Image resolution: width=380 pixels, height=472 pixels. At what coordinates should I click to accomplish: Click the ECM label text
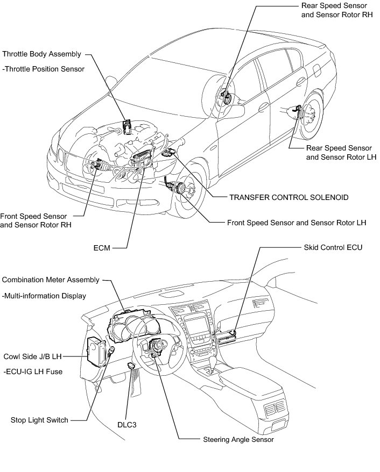[101, 249]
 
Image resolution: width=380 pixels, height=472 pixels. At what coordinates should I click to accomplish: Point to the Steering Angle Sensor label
[238, 439]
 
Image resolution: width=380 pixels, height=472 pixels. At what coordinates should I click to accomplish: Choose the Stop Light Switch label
[39, 420]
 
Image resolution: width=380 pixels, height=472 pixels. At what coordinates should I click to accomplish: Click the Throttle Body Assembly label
[42, 54]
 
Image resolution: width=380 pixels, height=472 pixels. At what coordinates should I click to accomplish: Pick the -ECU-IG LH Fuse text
[33, 371]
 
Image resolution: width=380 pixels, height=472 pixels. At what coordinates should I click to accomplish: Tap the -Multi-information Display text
[44, 296]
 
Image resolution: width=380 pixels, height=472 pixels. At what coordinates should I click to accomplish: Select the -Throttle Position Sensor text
[44, 69]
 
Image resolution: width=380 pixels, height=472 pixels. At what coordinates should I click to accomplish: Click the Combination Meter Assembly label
[51, 280]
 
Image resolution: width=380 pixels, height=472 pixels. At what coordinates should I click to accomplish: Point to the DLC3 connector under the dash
[131, 366]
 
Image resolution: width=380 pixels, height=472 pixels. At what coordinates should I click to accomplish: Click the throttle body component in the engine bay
[128, 127]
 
